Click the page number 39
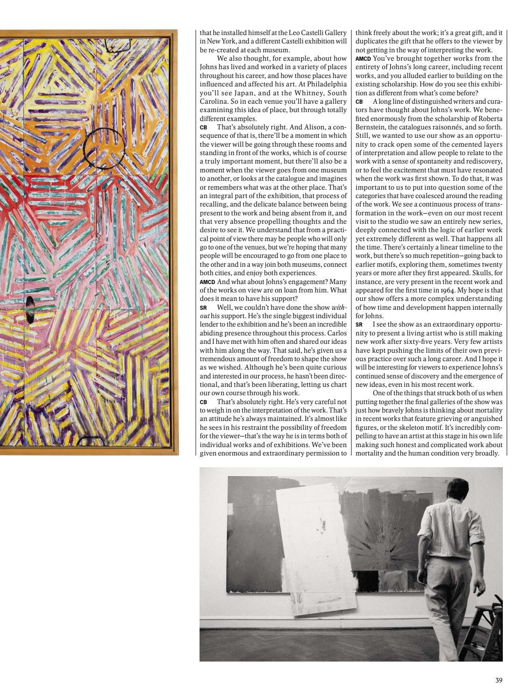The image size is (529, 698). click(499, 680)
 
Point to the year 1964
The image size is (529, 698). click(450, 290)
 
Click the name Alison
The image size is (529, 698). click(304, 127)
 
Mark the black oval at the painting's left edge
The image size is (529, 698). click(30, 309)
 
